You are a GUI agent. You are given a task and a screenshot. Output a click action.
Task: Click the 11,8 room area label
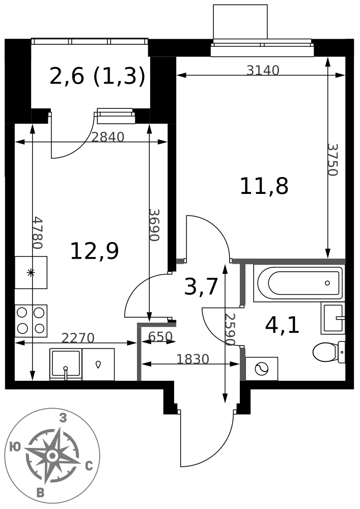(x=264, y=186)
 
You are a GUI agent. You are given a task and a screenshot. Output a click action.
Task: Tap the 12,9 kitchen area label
(x=95, y=251)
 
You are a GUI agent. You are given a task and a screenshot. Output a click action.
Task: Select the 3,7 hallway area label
(x=200, y=287)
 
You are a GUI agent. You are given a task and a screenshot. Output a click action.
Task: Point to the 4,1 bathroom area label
(x=282, y=326)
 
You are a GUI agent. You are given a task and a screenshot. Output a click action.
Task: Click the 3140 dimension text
(x=263, y=70)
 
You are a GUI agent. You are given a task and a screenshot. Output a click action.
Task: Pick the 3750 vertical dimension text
(x=333, y=160)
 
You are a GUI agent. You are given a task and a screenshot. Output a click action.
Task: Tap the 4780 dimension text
(x=38, y=233)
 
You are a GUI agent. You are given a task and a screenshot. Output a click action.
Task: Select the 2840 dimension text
(x=107, y=137)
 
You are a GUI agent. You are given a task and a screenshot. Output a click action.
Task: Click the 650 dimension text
(x=161, y=336)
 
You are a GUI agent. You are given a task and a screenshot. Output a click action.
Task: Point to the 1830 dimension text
(x=192, y=359)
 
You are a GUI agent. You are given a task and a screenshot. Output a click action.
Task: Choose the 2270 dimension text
(x=78, y=338)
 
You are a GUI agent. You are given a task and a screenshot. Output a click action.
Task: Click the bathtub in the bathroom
(x=298, y=283)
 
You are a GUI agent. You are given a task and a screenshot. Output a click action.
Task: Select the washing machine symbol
(x=262, y=369)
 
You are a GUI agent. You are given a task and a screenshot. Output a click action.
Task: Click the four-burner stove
(x=31, y=321)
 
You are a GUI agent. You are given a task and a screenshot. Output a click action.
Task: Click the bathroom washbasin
(x=333, y=318)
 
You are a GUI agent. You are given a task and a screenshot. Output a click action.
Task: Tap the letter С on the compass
(x=89, y=466)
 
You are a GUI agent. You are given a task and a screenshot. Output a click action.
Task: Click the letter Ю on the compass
(x=15, y=447)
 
